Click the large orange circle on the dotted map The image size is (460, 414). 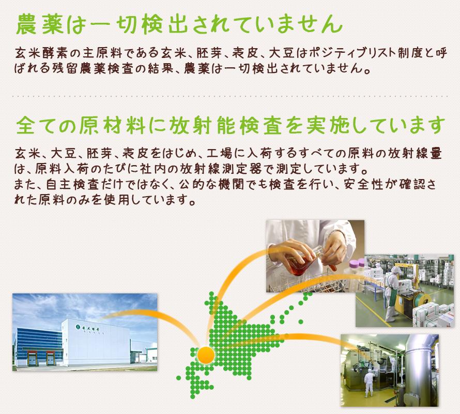(206, 355)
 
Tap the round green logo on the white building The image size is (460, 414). (78, 326)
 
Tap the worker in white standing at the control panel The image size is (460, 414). (369, 384)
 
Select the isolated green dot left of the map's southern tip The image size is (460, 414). (179, 378)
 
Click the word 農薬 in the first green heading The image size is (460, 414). (40, 24)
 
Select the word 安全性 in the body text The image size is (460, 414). (363, 184)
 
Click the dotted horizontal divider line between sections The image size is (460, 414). (230, 96)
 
